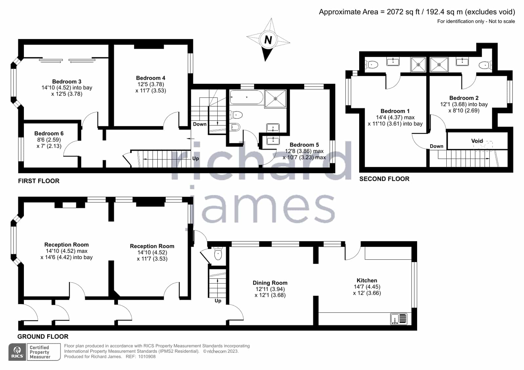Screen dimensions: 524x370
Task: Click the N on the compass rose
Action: coord(268,40)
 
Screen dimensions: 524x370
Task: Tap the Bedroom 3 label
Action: coord(67,81)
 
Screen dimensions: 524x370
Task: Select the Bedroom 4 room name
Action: coord(151,78)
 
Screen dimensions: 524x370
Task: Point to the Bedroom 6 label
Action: coord(49,133)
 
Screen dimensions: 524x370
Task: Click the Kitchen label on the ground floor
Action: coord(367,280)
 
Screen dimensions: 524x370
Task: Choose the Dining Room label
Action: coord(270,283)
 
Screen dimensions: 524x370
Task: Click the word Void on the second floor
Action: coord(477,141)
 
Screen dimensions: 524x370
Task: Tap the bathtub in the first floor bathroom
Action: coord(246,97)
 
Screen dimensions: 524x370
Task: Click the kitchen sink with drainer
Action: coord(399,319)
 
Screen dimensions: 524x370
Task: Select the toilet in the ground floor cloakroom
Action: coord(218,254)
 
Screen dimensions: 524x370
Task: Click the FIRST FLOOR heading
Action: coord(39,181)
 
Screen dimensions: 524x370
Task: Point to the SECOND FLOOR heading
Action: coord(384,179)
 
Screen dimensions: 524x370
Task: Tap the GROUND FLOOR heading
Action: coord(43,337)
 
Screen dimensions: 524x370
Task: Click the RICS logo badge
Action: coord(17,352)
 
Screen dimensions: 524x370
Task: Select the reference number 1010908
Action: coord(147,357)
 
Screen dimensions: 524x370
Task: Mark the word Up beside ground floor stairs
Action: coord(218,301)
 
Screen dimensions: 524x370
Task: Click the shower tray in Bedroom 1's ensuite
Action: coord(418,64)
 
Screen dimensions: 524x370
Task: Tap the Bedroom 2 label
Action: coord(464,98)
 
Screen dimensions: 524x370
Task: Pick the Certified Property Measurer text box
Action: coord(44,352)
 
